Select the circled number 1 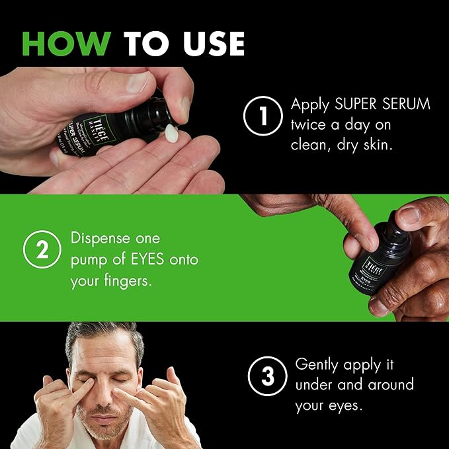pos(263,116)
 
